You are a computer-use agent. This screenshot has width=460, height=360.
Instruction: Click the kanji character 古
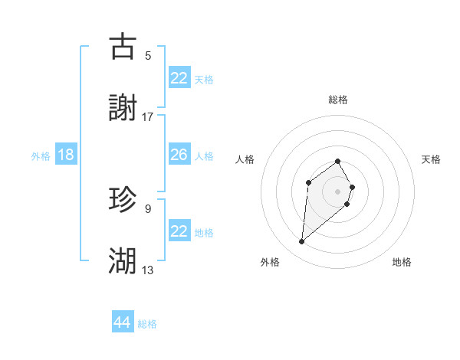click(123, 47)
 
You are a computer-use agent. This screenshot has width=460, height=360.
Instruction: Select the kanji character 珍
click(123, 200)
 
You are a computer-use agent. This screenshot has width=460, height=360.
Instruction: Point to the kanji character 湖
click(123, 261)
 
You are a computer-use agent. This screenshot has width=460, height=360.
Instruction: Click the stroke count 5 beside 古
click(148, 55)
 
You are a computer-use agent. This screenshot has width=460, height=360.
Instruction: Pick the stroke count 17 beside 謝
click(148, 116)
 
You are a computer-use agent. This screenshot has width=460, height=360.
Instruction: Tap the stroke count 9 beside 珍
click(148, 208)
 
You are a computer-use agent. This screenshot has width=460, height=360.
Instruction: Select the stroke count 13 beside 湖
click(148, 270)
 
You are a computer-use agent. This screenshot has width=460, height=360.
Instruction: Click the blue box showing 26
click(179, 155)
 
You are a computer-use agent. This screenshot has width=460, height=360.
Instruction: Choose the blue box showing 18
click(66, 155)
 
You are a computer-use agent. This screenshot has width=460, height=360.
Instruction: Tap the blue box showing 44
click(122, 323)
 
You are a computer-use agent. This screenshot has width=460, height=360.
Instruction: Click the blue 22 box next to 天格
click(179, 78)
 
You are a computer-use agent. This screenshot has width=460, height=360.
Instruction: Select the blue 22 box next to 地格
click(179, 231)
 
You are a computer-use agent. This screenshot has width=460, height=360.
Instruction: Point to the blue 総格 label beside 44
click(147, 324)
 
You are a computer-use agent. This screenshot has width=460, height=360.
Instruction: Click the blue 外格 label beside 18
click(41, 155)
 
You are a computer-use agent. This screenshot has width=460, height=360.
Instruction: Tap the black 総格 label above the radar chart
click(337, 100)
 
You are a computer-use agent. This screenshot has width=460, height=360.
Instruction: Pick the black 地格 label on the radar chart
click(402, 262)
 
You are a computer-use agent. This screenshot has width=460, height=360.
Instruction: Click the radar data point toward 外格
click(301, 242)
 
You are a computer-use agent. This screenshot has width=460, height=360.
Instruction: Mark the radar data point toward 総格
click(337, 162)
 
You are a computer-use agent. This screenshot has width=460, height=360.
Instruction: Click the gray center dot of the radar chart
click(337, 191)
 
